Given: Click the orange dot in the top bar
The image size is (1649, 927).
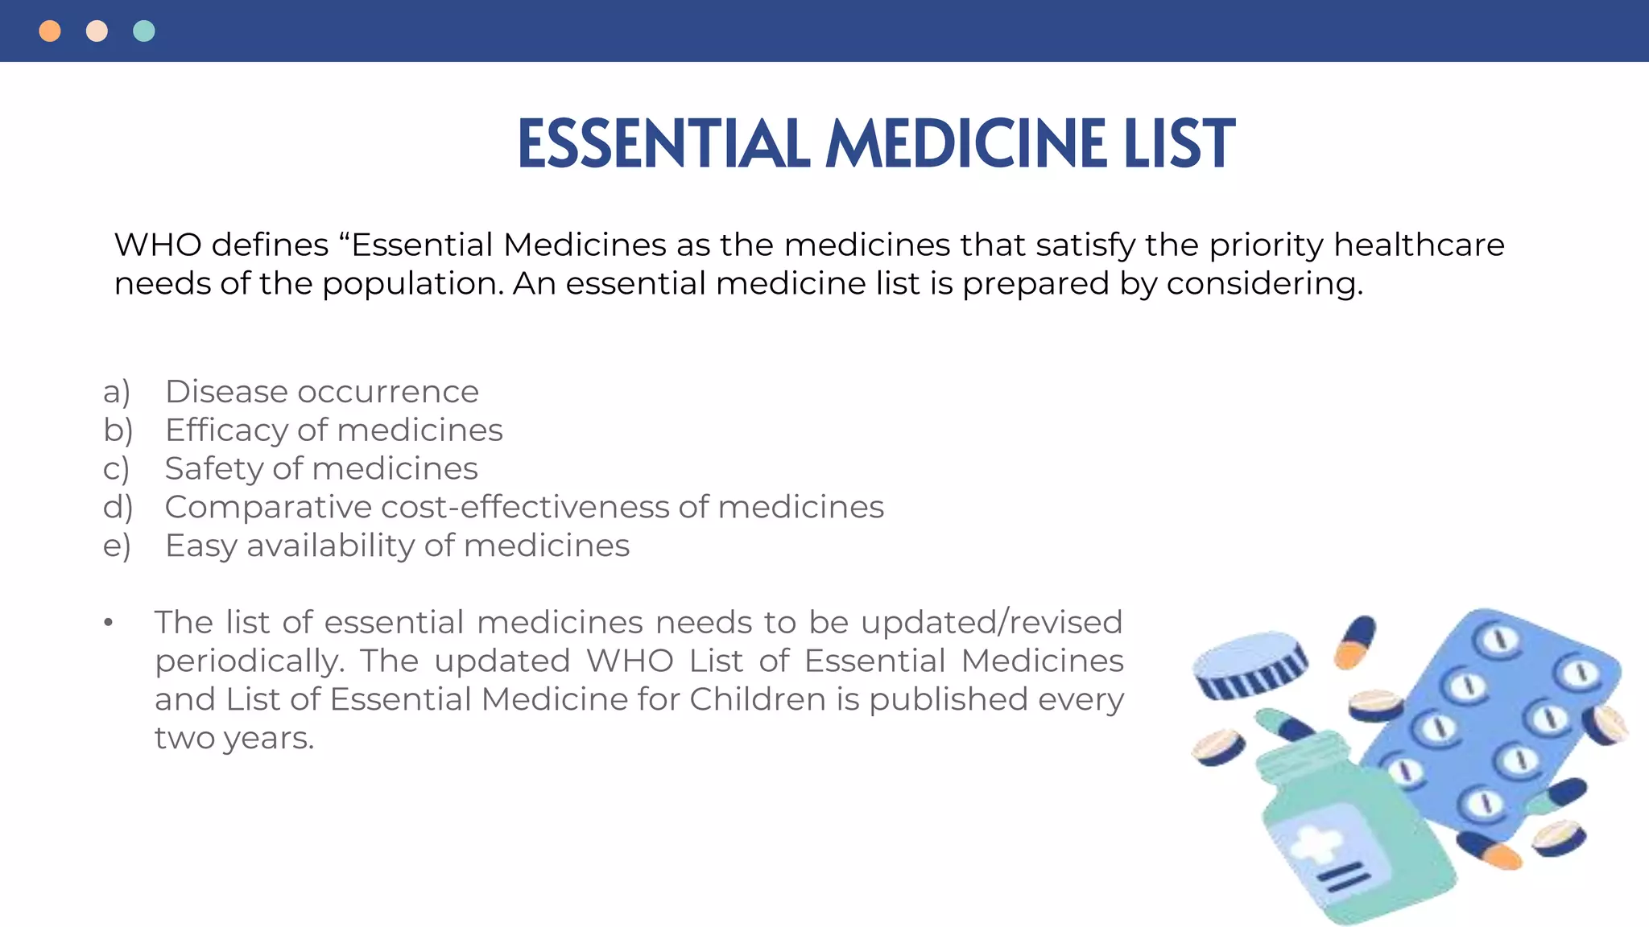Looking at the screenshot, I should [50, 31].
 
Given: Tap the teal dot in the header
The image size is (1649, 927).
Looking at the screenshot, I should [144, 31].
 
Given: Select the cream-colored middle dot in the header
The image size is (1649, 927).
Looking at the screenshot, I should [97, 31].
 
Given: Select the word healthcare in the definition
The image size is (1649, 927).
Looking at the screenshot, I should [1419, 245].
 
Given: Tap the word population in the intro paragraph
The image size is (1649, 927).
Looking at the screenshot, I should [412, 284].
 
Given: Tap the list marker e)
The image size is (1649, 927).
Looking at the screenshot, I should [117, 546].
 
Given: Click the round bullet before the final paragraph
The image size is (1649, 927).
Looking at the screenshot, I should [109, 623].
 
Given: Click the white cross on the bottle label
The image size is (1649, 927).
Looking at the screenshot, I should [1316, 844].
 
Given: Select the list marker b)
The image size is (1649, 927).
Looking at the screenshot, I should [118, 431].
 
